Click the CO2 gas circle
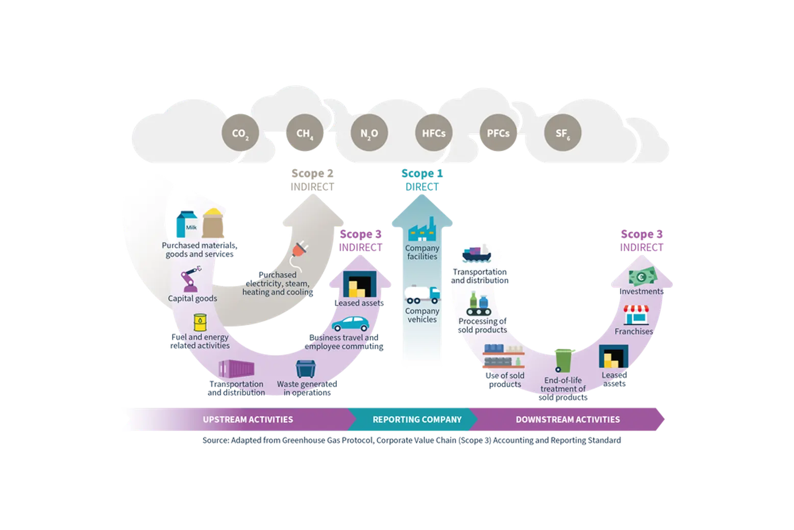click(240, 133)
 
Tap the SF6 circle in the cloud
click(562, 133)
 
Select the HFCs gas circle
click(434, 133)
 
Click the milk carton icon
click(187, 224)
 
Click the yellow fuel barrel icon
click(200, 322)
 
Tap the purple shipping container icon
click(236, 369)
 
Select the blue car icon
click(350, 324)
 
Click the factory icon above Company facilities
click(422, 229)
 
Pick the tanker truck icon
click(422, 295)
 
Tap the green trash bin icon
click(564, 360)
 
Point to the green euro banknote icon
click(642, 276)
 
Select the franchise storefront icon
click(636, 315)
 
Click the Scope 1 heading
click(422, 173)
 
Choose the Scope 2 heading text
click(312, 173)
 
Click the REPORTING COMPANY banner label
click(417, 419)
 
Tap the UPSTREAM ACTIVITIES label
click(248, 419)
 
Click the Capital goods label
click(192, 298)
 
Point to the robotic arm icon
click(190, 279)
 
